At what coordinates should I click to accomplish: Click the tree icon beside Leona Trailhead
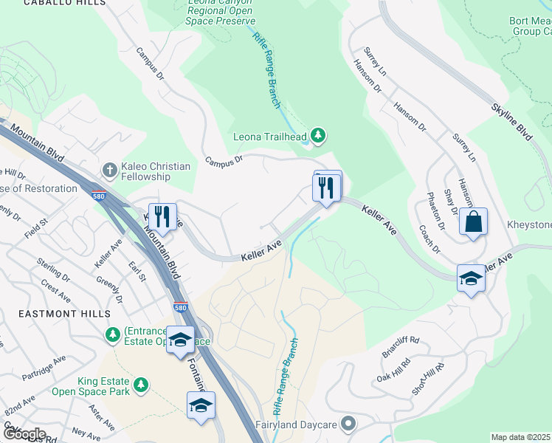[x=318, y=135]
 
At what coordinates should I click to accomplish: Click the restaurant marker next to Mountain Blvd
[x=162, y=216]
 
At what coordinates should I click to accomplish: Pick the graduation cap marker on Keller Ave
[x=470, y=278]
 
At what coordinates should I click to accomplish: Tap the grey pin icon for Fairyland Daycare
[x=348, y=424]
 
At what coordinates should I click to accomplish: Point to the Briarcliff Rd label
[x=401, y=346]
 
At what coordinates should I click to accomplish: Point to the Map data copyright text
[x=521, y=437]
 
